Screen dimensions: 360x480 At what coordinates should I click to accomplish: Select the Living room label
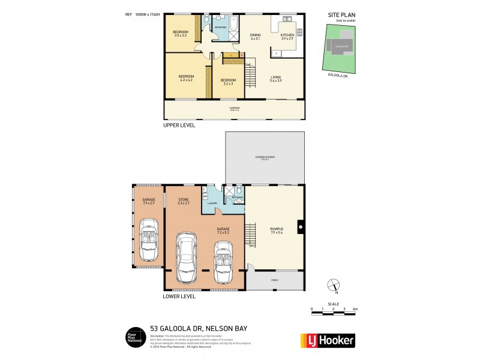[275, 79]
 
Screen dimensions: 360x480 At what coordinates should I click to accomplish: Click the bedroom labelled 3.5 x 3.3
[181, 33]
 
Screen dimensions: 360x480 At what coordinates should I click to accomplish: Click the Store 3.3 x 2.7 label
[183, 202]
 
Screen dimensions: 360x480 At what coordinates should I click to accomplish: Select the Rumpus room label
[276, 230]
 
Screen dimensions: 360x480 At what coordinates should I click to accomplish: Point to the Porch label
[274, 280]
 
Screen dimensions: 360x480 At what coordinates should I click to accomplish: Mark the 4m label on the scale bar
[356, 309]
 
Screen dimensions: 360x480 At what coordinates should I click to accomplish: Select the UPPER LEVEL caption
[179, 126]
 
